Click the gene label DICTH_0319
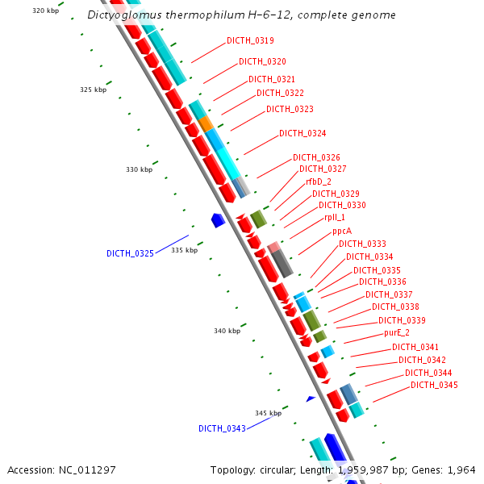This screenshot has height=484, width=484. tap(250, 40)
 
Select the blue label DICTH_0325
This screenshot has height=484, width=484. tap(130, 253)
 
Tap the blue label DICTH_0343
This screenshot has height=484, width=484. tap(222, 428)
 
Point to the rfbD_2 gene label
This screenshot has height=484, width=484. tap(318, 181)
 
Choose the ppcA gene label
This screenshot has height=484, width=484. tap(342, 231)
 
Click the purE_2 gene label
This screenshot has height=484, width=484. tap(397, 332)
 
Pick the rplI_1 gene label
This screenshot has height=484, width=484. tap(335, 217)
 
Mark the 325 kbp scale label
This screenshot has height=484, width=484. tap(94, 90)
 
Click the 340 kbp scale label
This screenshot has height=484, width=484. tap(227, 331)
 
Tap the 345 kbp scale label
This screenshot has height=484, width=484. tap(268, 413)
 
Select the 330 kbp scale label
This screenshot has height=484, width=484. tap(140, 169)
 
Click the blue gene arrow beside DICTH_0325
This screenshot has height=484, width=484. tap(217, 219)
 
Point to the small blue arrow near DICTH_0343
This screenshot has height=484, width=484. tap(311, 398)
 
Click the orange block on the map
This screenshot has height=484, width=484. tap(207, 123)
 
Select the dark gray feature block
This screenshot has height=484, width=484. tap(282, 264)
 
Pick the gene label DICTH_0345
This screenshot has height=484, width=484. tap(434, 385)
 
